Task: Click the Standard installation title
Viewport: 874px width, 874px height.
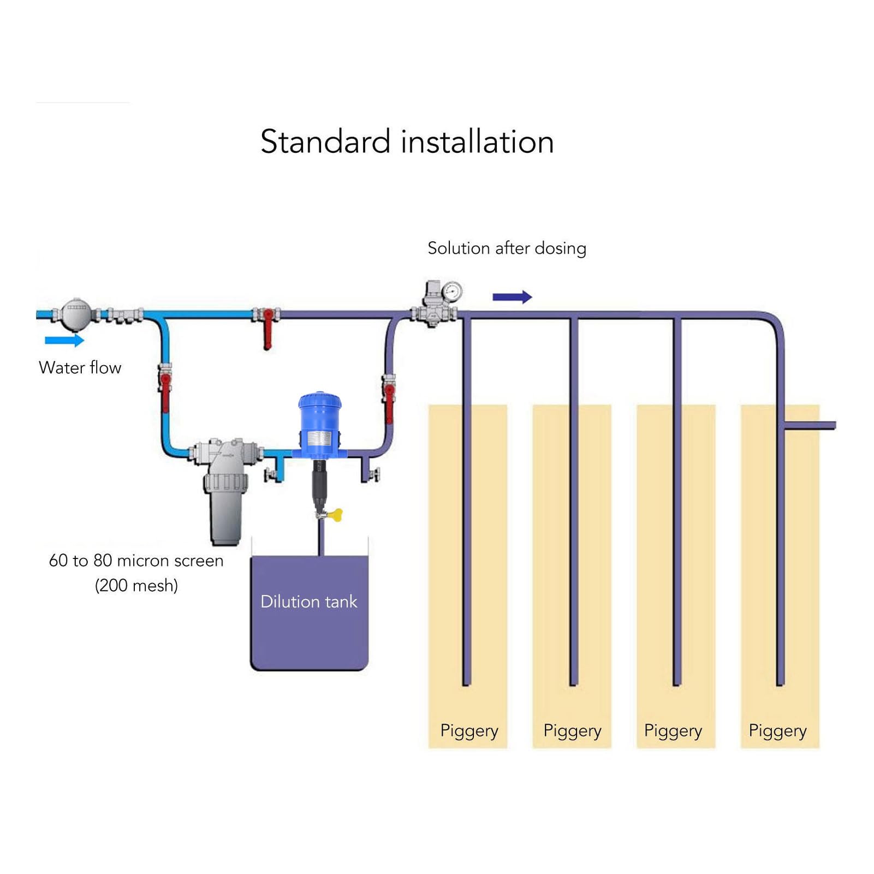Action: click(407, 142)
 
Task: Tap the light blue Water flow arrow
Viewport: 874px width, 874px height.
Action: click(64, 341)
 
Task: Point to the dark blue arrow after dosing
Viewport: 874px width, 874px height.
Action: click(512, 297)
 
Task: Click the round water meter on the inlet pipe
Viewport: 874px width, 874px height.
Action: click(76, 314)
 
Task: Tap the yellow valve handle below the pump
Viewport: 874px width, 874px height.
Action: click(336, 515)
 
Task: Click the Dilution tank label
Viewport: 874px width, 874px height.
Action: click(309, 602)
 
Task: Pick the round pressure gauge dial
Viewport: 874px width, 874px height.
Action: click(452, 292)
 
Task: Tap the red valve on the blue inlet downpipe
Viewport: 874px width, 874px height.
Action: click(165, 390)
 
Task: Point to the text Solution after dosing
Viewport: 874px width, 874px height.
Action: click(507, 248)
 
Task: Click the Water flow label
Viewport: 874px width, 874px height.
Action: click(80, 368)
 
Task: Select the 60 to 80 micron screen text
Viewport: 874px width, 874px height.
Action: click(136, 561)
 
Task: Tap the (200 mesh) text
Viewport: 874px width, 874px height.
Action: click(136, 586)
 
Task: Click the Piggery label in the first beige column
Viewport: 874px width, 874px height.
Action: click(469, 731)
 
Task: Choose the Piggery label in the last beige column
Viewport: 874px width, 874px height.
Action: click(778, 731)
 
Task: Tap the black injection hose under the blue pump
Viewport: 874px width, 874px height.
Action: click(319, 485)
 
